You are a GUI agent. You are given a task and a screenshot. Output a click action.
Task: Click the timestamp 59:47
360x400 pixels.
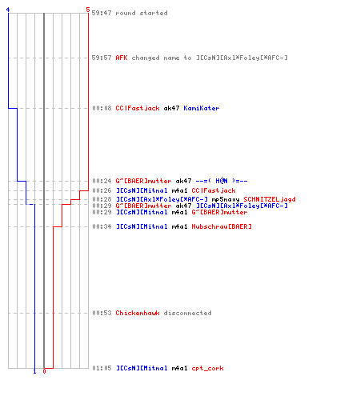(x=102, y=13)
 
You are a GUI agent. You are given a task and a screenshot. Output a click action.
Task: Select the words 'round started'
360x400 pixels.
(x=142, y=13)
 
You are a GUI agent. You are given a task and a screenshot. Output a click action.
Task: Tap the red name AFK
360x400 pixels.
(x=122, y=58)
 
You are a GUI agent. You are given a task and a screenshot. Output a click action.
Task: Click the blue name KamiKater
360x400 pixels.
(x=202, y=108)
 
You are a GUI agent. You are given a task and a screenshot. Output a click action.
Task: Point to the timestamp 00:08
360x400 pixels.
(x=102, y=108)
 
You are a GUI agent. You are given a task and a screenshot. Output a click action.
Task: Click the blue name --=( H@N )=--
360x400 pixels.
(x=222, y=181)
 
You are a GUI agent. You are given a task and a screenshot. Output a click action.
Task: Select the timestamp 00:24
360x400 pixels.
(x=102, y=181)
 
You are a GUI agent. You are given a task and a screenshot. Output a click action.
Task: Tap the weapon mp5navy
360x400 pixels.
(x=226, y=199)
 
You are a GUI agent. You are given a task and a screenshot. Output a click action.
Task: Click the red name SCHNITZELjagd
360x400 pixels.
(x=270, y=199)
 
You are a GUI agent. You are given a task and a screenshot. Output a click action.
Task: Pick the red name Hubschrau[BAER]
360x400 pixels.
(x=222, y=226)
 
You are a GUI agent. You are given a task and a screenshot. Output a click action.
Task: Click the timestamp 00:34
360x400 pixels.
(x=102, y=226)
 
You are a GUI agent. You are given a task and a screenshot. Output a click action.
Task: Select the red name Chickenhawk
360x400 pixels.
(x=138, y=313)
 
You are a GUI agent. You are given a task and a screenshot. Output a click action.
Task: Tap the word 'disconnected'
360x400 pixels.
(x=187, y=313)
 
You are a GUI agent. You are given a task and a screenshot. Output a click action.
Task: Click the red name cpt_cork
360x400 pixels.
(x=207, y=368)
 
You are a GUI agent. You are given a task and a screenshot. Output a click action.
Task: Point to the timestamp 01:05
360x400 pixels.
(x=102, y=368)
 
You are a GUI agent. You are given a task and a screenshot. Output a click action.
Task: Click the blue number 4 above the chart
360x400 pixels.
(x=8, y=10)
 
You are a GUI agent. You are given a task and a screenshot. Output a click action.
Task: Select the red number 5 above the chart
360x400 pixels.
(x=88, y=10)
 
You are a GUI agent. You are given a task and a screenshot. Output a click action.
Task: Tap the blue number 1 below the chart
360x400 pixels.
(x=34, y=371)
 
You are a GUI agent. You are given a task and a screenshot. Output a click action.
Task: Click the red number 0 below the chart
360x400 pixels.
(x=44, y=371)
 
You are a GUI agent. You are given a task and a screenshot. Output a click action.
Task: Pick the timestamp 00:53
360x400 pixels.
(x=102, y=313)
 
